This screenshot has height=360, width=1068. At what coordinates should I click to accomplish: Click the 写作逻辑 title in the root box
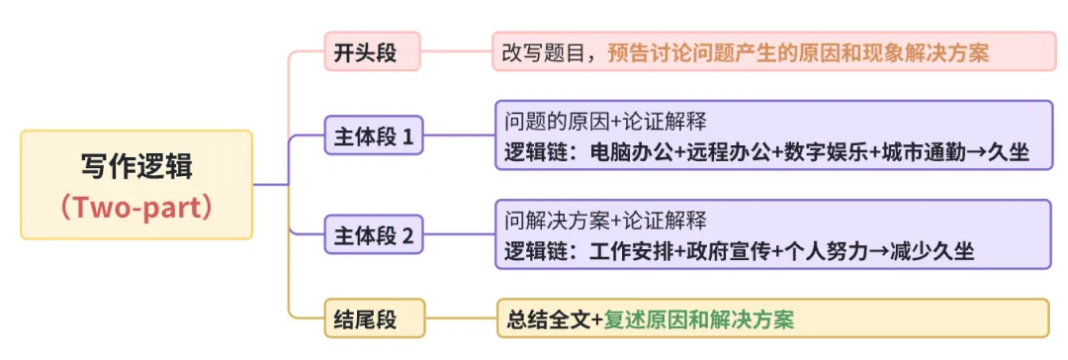136,165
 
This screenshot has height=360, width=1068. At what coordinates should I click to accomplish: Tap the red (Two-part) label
136,208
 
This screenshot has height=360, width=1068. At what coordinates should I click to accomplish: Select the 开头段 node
372,52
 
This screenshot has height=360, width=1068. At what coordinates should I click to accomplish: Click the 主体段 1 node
373,136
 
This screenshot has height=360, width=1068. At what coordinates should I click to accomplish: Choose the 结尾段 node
373,318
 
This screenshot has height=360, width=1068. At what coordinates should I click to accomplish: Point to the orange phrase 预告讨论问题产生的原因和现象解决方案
798,52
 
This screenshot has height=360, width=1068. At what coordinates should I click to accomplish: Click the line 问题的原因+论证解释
605,123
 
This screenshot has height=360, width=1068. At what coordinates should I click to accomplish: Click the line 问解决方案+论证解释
605,221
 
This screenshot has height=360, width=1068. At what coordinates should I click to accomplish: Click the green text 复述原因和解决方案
698,319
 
